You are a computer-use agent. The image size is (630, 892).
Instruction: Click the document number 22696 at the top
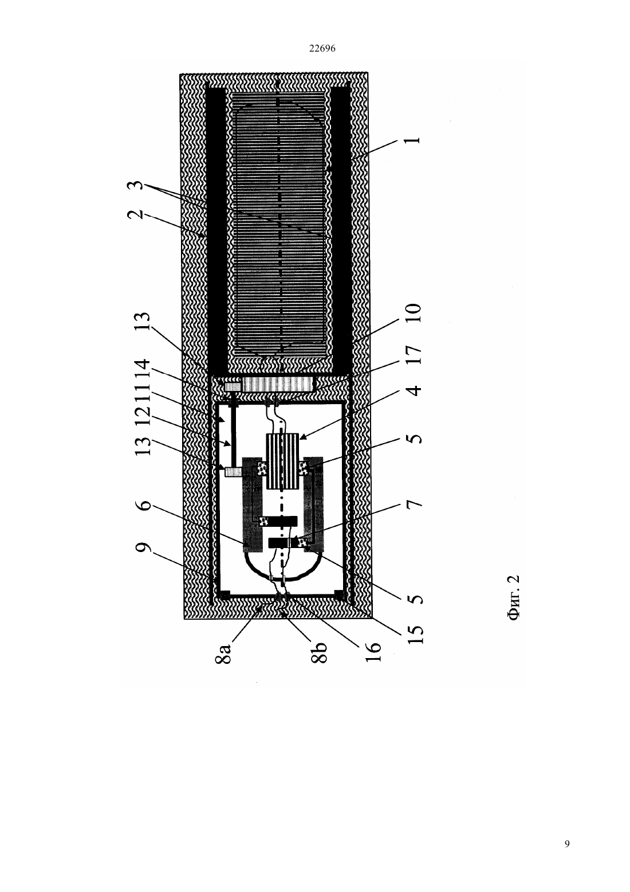pyautogui.click(x=322, y=49)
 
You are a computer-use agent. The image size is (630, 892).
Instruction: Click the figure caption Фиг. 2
pyautogui.click(x=514, y=597)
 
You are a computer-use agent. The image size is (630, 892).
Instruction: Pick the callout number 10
pyautogui.click(x=414, y=313)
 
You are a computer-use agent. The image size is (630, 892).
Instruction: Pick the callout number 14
pyautogui.click(x=143, y=369)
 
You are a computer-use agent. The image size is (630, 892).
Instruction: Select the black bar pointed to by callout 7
pyautogui.click(x=282, y=542)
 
